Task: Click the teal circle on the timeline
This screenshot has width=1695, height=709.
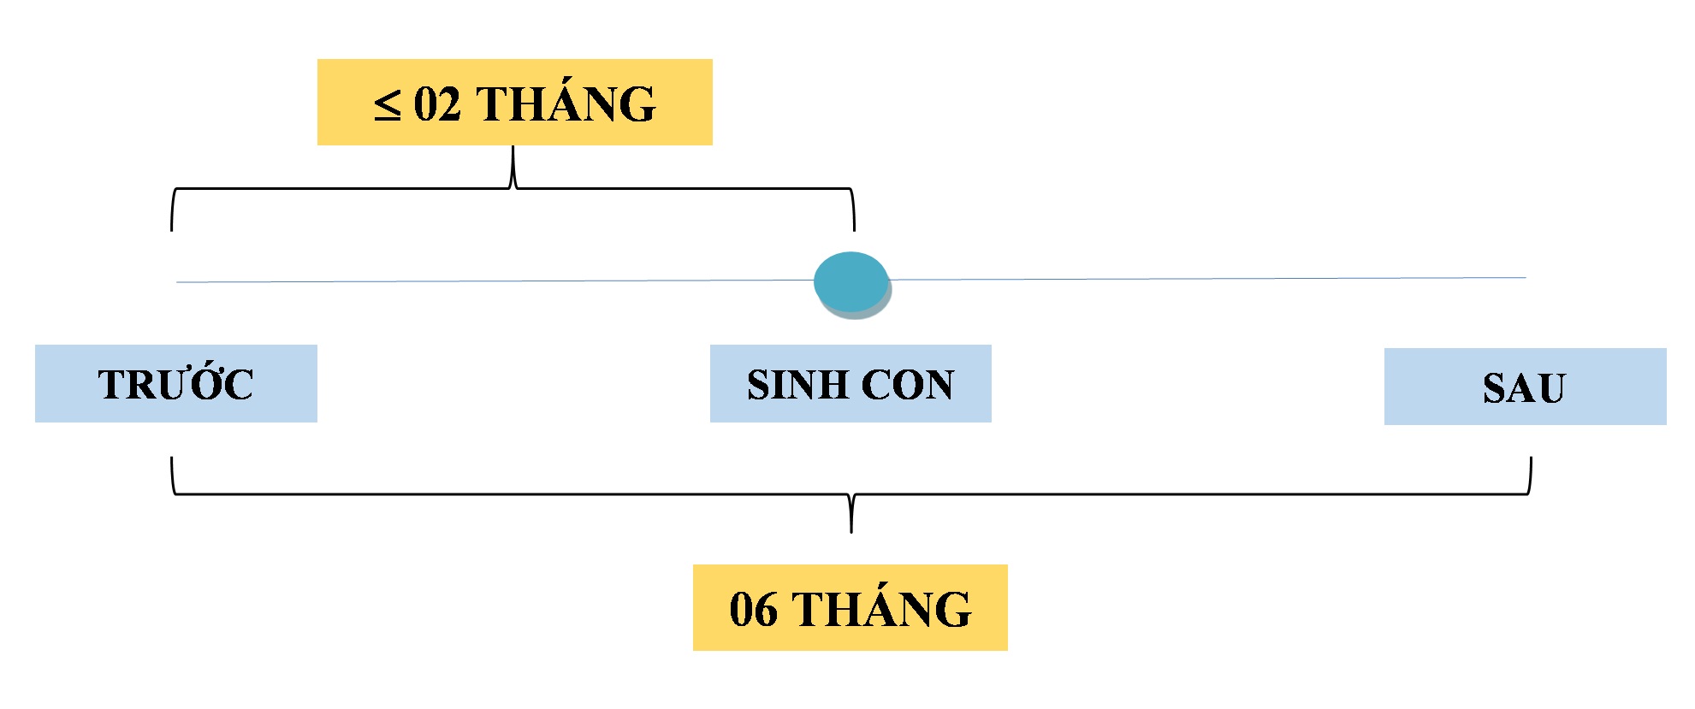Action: pyautogui.click(x=851, y=282)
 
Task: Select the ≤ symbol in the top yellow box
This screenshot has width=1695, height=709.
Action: pyautogui.click(x=387, y=105)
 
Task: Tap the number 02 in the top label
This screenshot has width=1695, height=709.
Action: pyautogui.click(x=437, y=104)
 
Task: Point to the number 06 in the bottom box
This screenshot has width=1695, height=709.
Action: pyautogui.click(x=753, y=610)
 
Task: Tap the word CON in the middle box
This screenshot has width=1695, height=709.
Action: pyautogui.click(x=908, y=385)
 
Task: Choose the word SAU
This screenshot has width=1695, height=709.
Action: pyautogui.click(x=1524, y=388)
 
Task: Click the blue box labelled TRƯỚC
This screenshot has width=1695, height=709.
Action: pyautogui.click(x=176, y=383)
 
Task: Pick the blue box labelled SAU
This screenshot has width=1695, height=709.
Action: pyautogui.click(x=1526, y=387)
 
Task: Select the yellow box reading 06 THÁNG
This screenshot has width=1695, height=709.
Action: pyautogui.click(x=850, y=607)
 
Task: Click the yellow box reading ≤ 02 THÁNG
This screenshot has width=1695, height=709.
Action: pyautogui.click(x=515, y=102)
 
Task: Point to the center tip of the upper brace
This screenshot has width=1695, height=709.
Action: pyautogui.click(x=513, y=147)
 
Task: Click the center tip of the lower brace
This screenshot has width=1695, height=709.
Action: pyautogui.click(x=851, y=532)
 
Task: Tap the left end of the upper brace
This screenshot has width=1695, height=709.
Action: pyautogui.click(x=172, y=230)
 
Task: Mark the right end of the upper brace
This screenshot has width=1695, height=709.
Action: pyautogui.click(x=854, y=230)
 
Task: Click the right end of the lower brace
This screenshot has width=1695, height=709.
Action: pyautogui.click(x=1531, y=458)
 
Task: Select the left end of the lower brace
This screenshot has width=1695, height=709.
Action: pyautogui.click(x=172, y=458)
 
